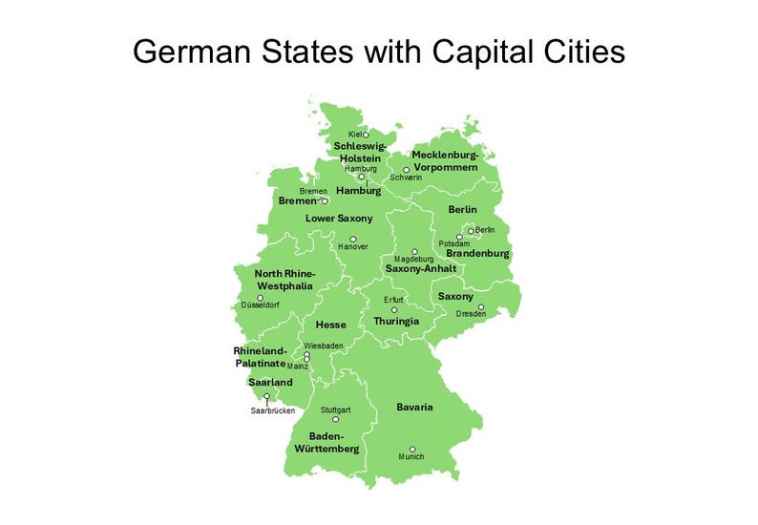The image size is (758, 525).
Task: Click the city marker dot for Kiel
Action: [x=366, y=135]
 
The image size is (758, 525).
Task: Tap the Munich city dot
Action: [x=412, y=449]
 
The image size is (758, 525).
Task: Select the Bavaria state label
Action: [x=414, y=408]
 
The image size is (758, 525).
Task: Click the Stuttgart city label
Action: [x=336, y=409]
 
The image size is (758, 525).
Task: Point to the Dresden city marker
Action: [x=481, y=307]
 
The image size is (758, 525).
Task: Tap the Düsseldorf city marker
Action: [x=261, y=298]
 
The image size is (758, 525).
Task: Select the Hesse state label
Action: [x=331, y=325]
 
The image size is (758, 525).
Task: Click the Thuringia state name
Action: [x=396, y=321]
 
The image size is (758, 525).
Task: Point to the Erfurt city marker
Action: [x=394, y=309]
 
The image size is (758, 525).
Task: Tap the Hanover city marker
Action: [x=352, y=239]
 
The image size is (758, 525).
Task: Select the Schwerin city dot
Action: [x=406, y=170]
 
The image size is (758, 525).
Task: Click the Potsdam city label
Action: [x=454, y=244]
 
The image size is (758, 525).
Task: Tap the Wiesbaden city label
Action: [x=322, y=346]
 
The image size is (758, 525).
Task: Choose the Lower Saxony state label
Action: [x=339, y=219]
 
